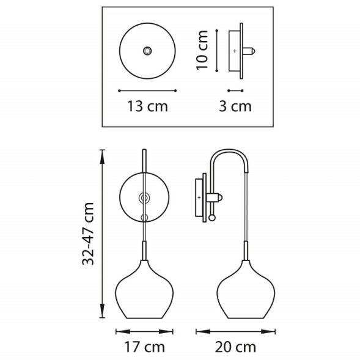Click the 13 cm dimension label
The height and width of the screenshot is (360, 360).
click(x=147, y=106)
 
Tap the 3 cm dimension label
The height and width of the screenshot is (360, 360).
click(x=235, y=106)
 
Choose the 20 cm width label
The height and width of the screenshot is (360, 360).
click(x=234, y=348)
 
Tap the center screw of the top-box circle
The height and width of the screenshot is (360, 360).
click(x=147, y=50)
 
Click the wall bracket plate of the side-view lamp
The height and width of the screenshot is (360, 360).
click(x=199, y=197)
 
